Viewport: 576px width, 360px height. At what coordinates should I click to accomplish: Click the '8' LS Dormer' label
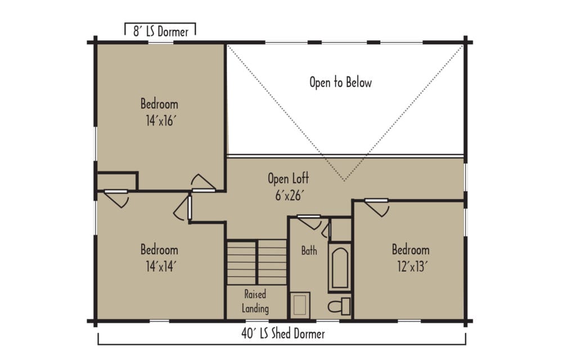[160, 32]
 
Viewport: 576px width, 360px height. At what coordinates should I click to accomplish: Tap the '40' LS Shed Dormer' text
[283, 334]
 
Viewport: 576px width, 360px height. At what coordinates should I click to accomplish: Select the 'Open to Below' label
[340, 82]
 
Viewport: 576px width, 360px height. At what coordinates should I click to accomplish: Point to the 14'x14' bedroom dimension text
[159, 266]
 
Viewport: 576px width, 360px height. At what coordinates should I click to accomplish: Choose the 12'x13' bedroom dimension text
[411, 266]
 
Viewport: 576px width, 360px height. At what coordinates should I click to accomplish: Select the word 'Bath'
[309, 251]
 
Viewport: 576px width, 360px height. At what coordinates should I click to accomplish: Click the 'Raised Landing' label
[255, 301]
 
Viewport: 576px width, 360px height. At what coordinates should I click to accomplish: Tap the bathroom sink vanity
[300, 305]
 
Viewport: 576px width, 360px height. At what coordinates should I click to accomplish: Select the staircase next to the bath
[256, 262]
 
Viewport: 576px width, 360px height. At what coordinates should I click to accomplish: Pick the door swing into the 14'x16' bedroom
[202, 183]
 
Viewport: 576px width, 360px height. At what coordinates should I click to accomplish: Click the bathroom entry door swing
[310, 222]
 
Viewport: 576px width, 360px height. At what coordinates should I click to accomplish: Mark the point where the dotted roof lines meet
[344, 181]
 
